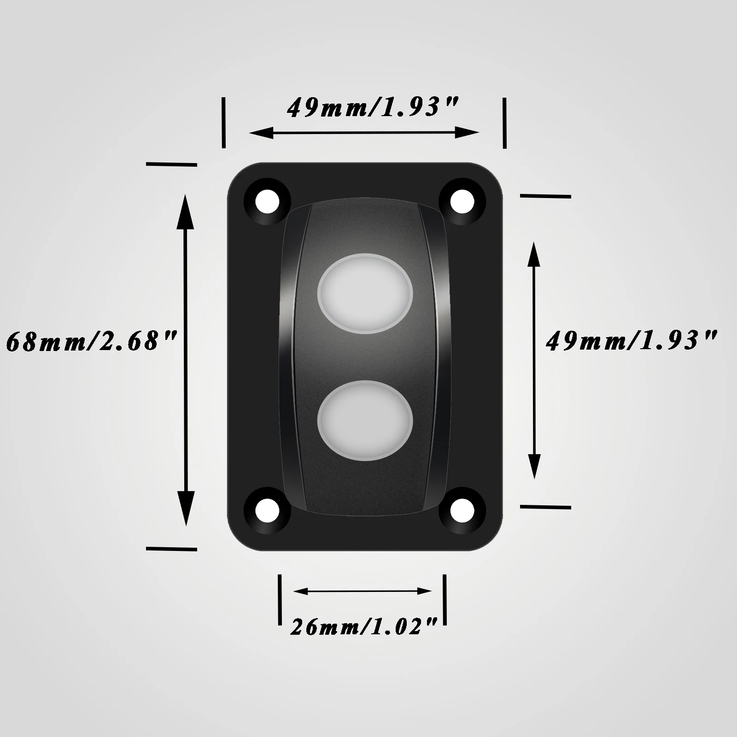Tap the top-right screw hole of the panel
point(462,200)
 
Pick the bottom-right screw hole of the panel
point(462,510)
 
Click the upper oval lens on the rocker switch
point(365,293)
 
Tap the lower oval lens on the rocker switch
point(365,420)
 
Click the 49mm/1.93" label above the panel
point(372,108)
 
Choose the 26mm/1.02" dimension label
point(363,627)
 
